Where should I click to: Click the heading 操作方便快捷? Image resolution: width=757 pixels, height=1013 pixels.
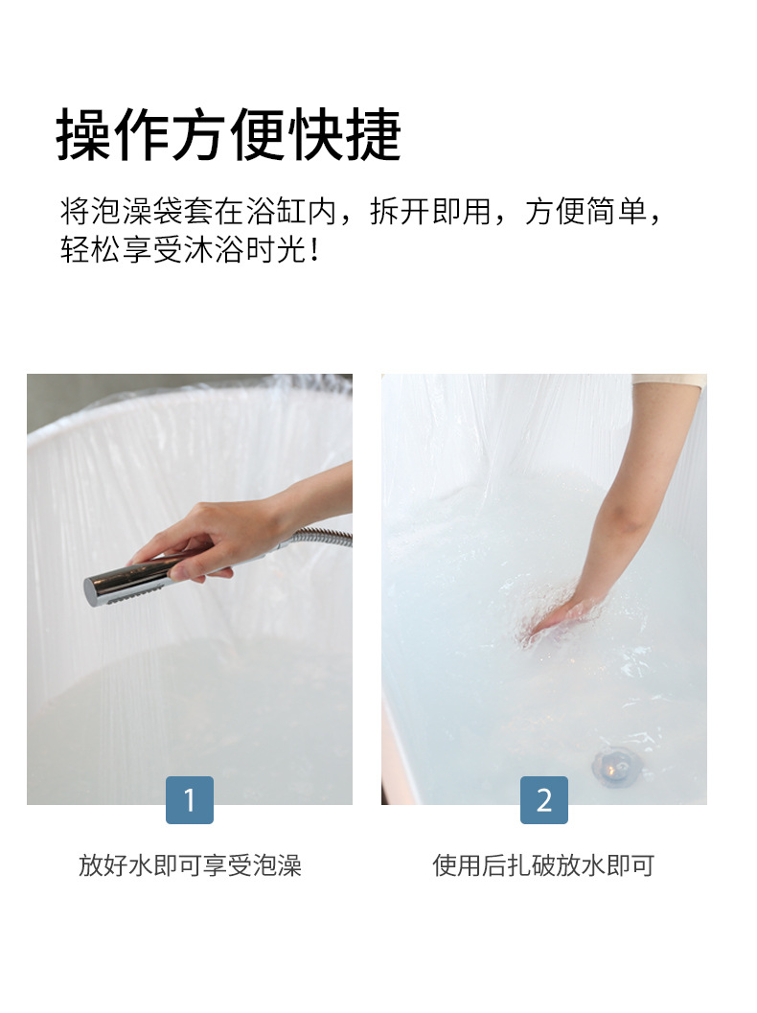(229, 134)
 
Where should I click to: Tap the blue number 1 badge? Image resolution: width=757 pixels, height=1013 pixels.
(190, 800)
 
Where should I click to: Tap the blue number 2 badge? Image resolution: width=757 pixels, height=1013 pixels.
(544, 800)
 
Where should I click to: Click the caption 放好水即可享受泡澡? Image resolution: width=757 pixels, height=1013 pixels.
(190, 865)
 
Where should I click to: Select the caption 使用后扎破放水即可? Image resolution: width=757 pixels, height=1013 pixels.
(543, 865)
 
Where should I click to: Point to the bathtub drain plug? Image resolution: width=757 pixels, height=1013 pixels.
(611, 765)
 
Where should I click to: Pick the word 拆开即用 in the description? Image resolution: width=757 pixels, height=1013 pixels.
(430, 211)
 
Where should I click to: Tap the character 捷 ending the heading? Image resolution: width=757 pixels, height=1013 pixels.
(374, 134)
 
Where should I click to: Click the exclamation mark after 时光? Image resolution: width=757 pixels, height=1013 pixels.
(314, 249)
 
